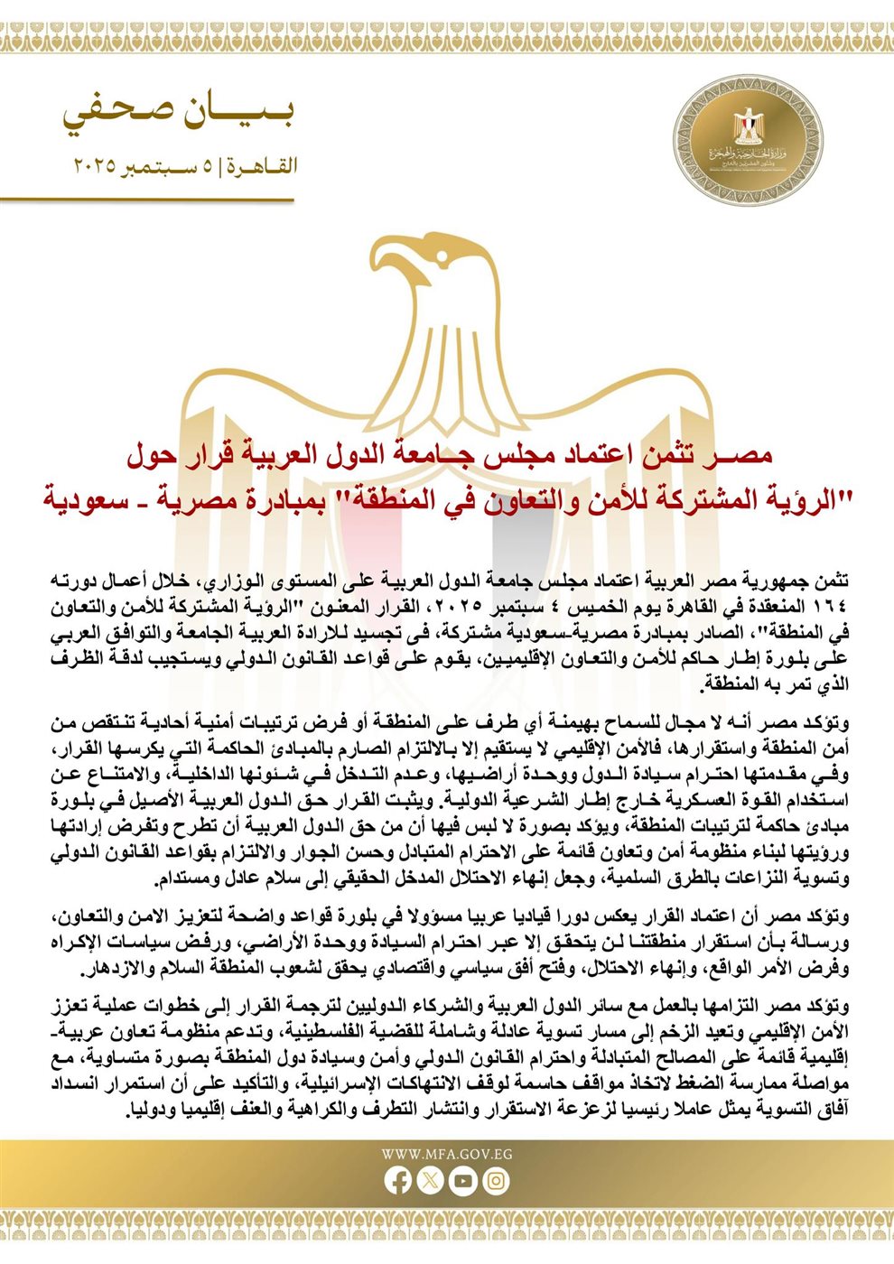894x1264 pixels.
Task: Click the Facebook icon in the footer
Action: (399, 1180)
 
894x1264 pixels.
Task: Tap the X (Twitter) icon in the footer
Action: (431, 1180)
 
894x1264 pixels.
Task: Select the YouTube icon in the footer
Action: (463, 1180)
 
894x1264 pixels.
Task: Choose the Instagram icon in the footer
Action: (496, 1180)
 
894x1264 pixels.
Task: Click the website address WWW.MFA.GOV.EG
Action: (447, 1154)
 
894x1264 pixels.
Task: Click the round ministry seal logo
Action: (760, 144)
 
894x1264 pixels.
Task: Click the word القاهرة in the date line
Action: (263, 167)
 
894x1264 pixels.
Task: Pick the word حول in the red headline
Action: (148, 455)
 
